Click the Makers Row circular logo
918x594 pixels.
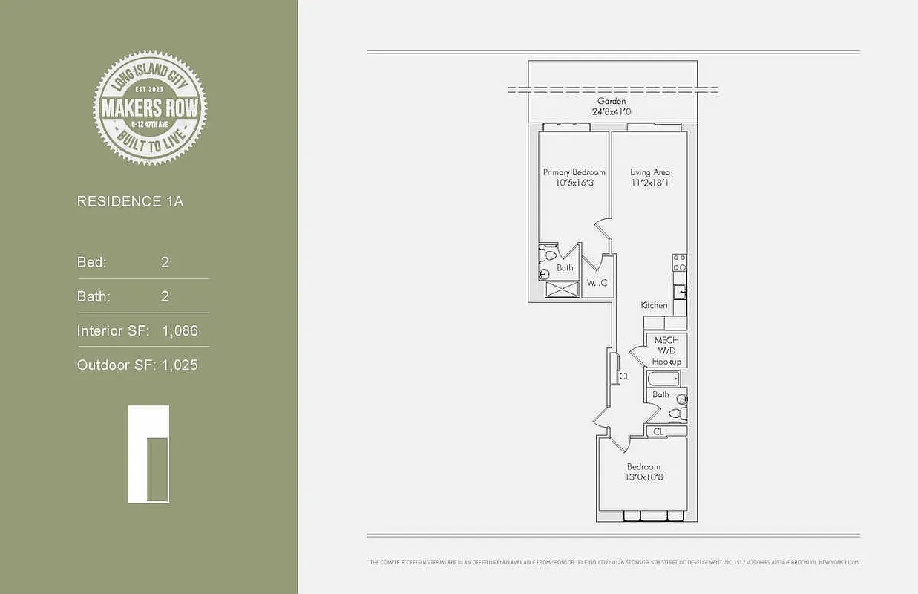pos(150,107)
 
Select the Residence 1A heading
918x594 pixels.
pos(130,201)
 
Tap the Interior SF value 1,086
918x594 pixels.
pos(180,331)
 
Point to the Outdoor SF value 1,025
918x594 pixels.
pos(180,365)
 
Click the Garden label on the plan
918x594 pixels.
pos(612,101)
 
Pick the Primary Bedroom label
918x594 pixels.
pos(574,172)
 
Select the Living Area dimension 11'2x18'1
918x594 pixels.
pos(649,183)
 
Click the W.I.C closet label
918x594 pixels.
pos(597,283)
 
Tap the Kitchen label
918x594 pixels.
pos(654,305)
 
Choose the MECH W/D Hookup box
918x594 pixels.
pos(666,350)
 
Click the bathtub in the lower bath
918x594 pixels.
pos(663,379)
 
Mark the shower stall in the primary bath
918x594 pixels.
pos(561,289)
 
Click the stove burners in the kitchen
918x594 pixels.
pos(679,261)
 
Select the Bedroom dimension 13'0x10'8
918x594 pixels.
pos(643,477)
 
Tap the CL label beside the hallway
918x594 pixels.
pos(624,376)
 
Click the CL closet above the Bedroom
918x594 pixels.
pos(659,431)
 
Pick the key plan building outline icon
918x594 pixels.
pos(148,454)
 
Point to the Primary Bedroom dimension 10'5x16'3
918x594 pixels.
pos(574,183)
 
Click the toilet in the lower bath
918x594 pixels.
pos(676,413)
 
